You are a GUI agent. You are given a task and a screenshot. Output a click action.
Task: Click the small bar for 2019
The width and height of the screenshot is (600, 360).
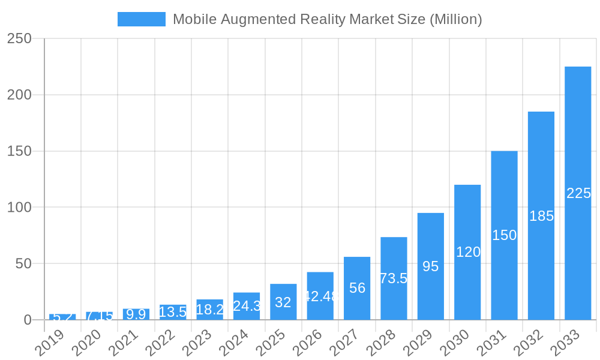pyautogui.click(x=62, y=317)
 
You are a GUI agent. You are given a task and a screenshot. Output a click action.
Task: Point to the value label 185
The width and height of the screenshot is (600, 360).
pyautogui.click(x=541, y=216)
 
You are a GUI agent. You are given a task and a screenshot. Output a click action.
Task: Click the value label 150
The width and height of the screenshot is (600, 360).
pyautogui.click(x=504, y=235)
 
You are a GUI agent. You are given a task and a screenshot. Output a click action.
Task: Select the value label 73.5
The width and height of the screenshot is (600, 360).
pyautogui.click(x=394, y=278)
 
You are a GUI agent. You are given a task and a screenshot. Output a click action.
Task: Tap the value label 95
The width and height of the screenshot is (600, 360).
pyautogui.click(x=430, y=266)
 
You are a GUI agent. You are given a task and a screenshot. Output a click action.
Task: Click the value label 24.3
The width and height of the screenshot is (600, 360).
pyautogui.click(x=247, y=306)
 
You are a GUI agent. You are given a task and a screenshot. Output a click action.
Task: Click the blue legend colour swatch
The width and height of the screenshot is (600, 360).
pyautogui.click(x=141, y=19)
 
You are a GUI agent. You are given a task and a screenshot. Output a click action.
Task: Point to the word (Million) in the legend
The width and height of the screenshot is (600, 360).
pyautogui.click(x=456, y=19)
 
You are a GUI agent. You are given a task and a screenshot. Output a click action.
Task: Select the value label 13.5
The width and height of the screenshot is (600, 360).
pyautogui.click(x=173, y=312)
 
